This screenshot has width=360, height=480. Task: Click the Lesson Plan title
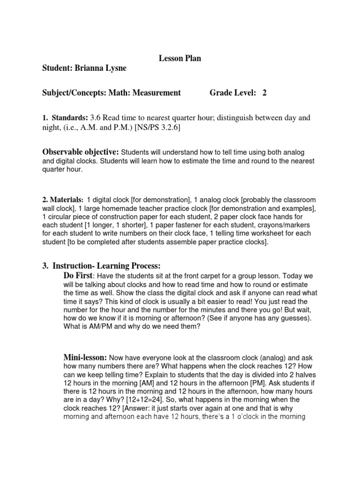click(x=180, y=58)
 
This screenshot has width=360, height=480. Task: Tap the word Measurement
click(x=158, y=93)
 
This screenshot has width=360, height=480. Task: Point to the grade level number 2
click(x=264, y=93)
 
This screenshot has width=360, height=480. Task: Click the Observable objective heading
click(x=81, y=152)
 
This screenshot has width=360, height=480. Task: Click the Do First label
click(x=78, y=275)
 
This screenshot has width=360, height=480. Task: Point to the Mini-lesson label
click(x=85, y=357)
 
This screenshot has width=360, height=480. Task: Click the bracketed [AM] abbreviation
click(x=167, y=382)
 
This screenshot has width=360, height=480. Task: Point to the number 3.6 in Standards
click(x=96, y=118)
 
